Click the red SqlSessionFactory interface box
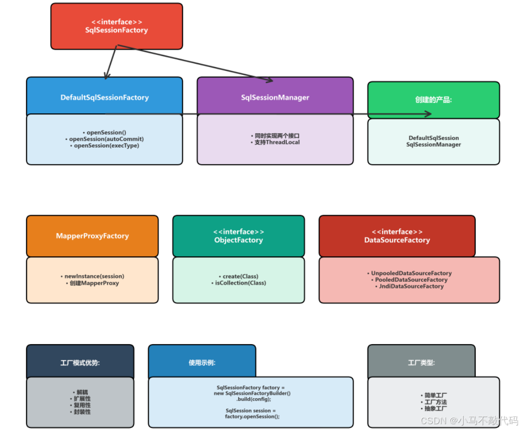[x=117, y=26]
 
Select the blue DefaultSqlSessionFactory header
[x=105, y=97]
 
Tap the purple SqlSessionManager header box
[x=275, y=97]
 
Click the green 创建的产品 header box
[x=433, y=99]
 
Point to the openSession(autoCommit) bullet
[x=107, y=139]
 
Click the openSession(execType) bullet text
[x=107, y=146]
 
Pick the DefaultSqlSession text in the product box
[x=434, y=138]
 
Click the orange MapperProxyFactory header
[x=92, y=236]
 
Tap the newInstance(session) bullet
[x=94, y=276]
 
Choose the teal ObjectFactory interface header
[x=239, y=236]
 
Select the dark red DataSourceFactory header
[x=397, y=236]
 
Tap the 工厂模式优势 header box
[x=80, y=362]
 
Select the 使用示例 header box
[x=202, y=362]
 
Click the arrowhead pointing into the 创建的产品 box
[x=427, y=114]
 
